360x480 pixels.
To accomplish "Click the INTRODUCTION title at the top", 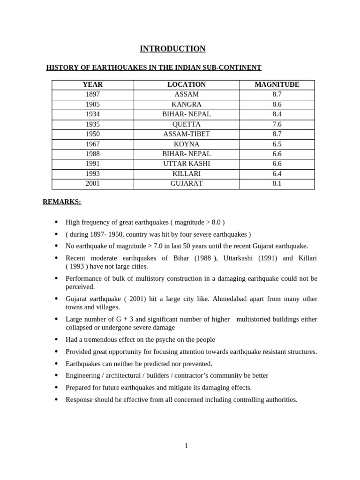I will (172, 49).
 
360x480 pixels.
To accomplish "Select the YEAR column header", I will (93, 85).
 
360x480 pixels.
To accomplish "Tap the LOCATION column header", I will (187, 85).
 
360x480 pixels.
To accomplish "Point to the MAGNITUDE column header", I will (277, 85).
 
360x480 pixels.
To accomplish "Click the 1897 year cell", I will (93, 95).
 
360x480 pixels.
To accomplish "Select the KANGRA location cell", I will (187, 105).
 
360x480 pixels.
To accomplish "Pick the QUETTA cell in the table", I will (187, 124).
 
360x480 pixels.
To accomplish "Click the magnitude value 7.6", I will (277, 124).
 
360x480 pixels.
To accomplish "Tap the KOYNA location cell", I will (187, 144).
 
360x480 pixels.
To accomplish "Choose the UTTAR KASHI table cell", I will (187, 164).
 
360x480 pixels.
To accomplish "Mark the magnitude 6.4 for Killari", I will (277, 174).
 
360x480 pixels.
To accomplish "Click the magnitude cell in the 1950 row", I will (277, 134).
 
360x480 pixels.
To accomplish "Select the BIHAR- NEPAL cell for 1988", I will (187, 154).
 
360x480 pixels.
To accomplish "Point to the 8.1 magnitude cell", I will (277, 184).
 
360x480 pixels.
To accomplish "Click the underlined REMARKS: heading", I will (62, 202).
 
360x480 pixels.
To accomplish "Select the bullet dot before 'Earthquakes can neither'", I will (56, 363).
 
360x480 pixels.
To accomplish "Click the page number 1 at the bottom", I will (186, 446).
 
